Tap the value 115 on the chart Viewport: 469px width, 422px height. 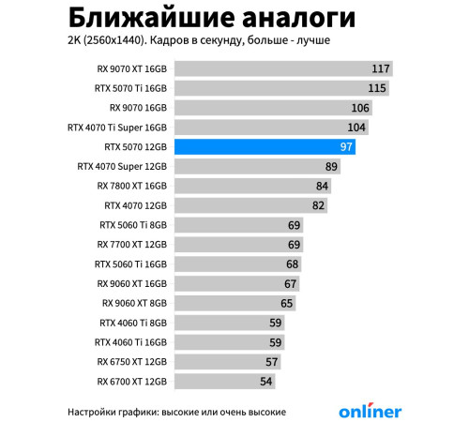coord(377,88)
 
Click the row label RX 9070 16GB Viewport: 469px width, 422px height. coord(131,108)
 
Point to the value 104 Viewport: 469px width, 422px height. coord(356,128)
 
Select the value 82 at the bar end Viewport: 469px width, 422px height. coord(318,205)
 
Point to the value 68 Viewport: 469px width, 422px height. coord(292,264)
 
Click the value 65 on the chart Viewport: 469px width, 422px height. coord(287,303)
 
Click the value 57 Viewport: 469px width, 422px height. coord(272,362)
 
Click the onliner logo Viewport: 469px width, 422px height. coord(370,411)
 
